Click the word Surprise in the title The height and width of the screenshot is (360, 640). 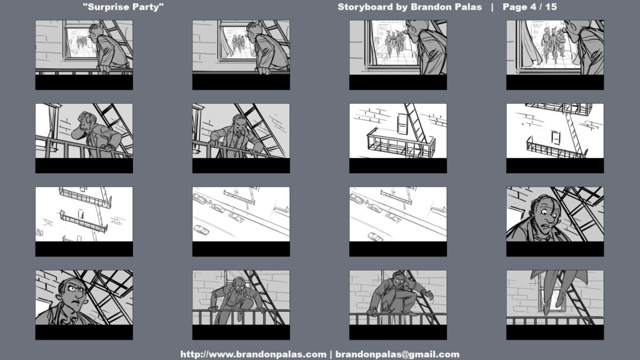tap(110, 7)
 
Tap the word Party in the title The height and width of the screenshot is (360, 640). tap(149, 7)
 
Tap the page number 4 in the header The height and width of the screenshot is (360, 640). tap(532, 7)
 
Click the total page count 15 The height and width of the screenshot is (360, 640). tap(551, 7)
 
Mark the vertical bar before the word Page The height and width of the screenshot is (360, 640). tap(492, 7)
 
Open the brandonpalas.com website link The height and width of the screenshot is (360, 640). tap(253, 354)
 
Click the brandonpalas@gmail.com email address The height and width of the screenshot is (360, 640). tap(397, 354)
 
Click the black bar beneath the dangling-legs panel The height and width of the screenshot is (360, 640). tap(555, 332)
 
